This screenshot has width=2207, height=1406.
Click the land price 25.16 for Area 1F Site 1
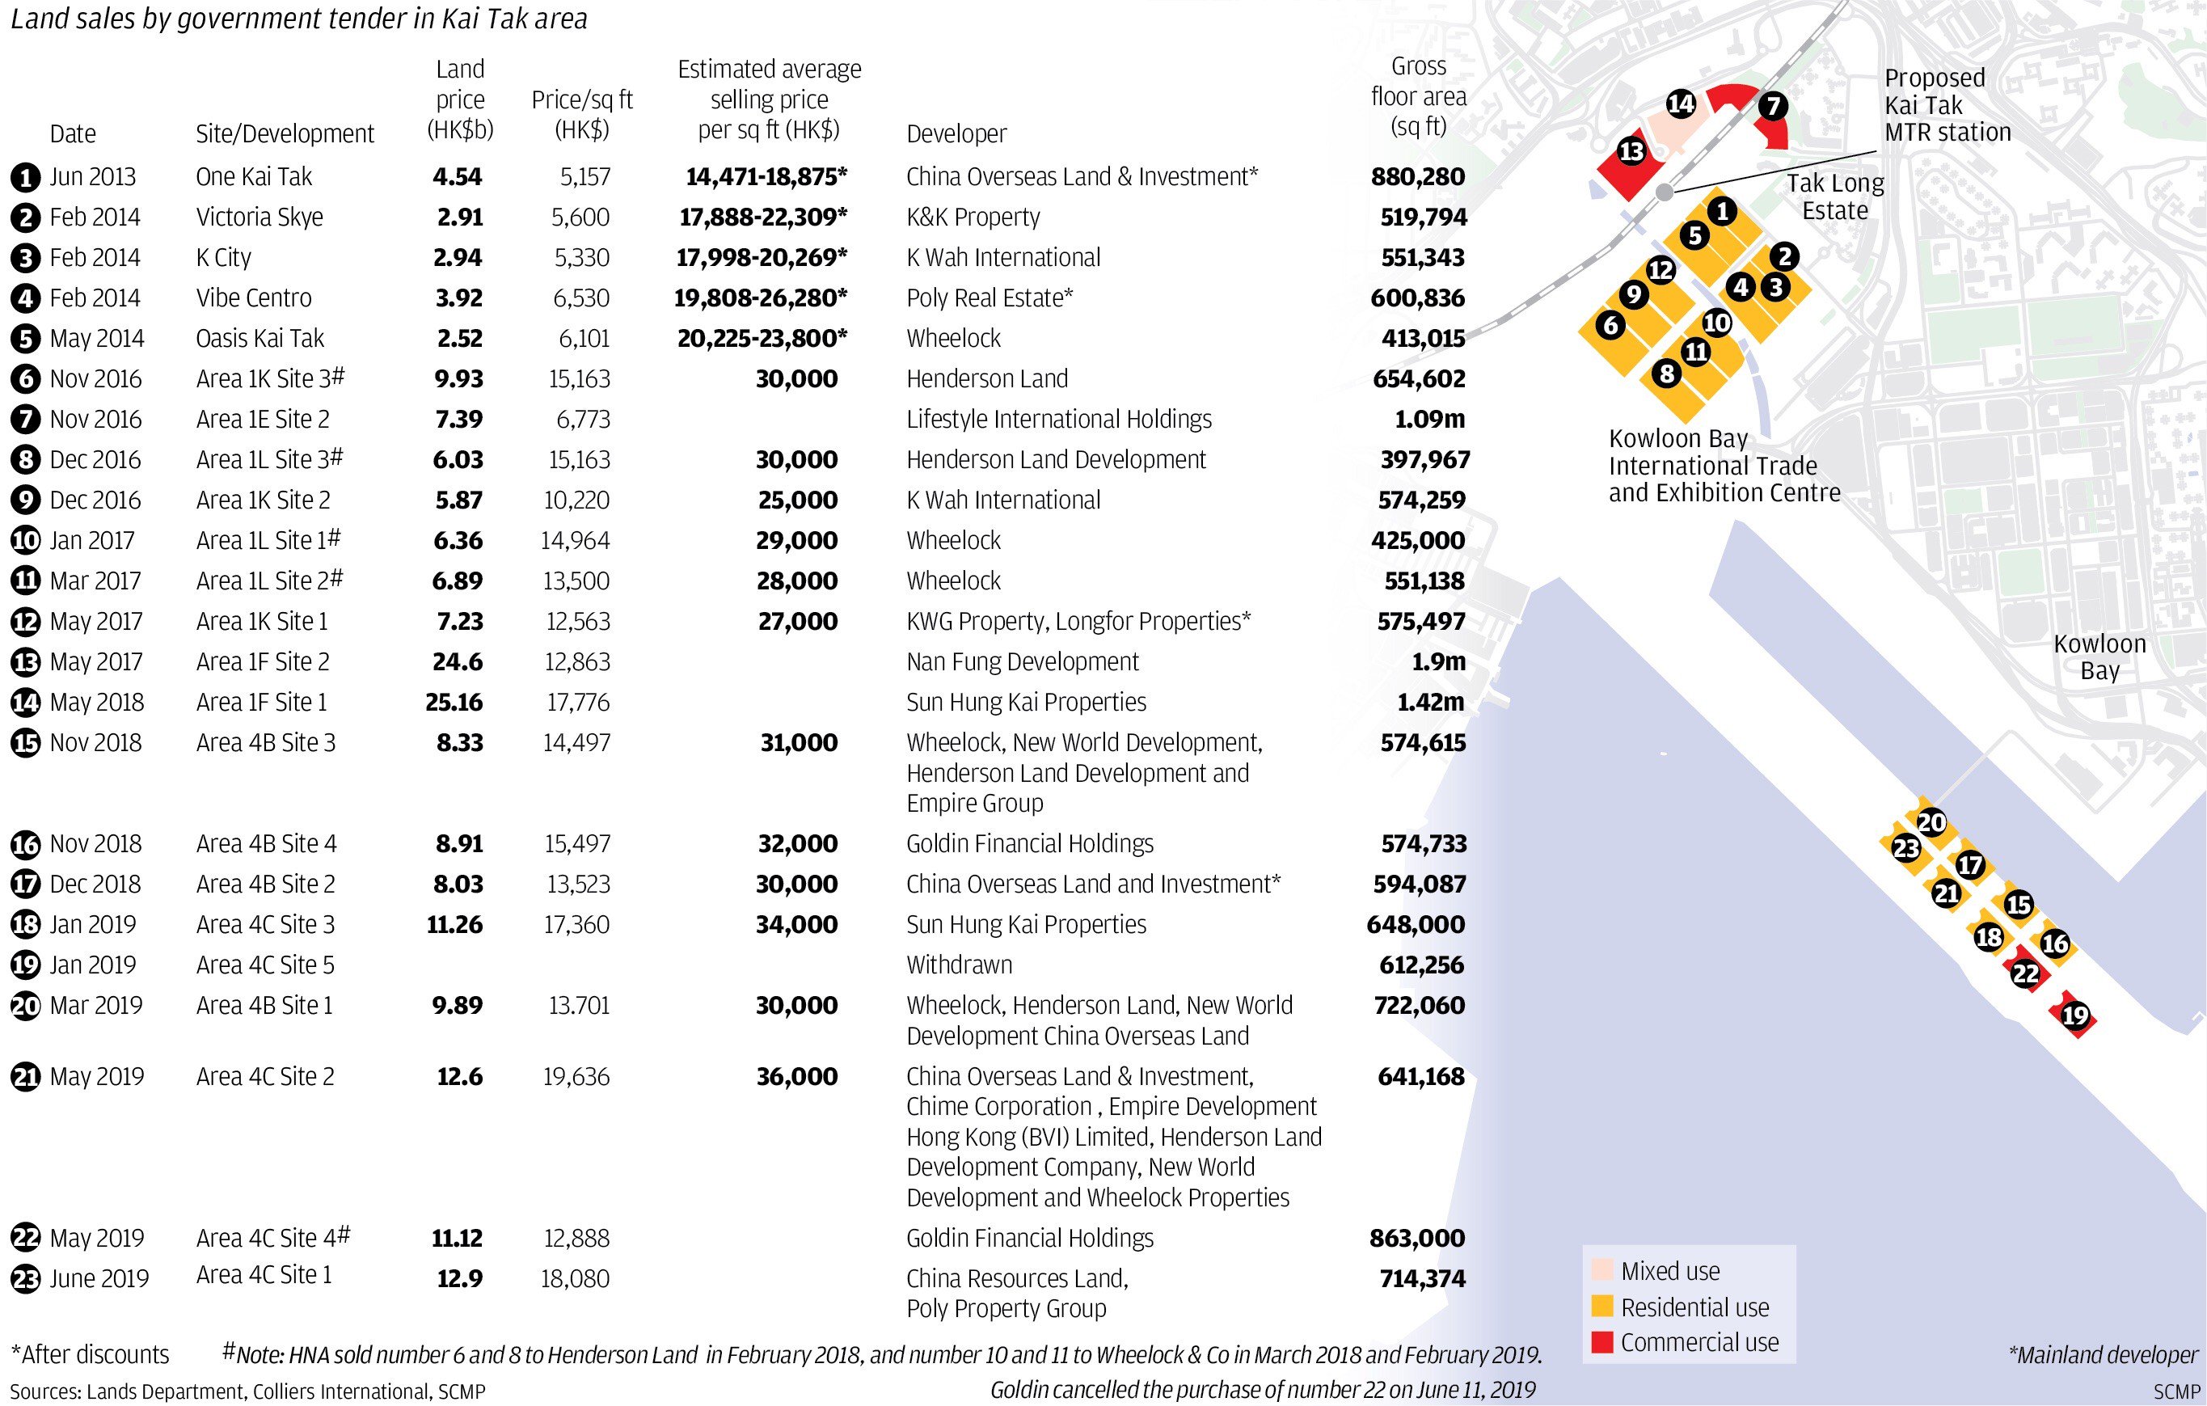454,702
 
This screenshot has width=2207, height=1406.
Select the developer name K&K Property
973,217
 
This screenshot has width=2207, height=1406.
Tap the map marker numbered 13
1631,151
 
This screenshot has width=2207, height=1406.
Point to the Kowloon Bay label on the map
2099,657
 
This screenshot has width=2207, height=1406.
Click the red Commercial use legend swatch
1602,1343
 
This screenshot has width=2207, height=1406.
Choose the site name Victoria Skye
260,217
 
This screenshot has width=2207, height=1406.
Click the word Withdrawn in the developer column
959,965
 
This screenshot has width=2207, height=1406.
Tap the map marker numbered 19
2075,1015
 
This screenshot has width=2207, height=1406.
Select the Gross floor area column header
1418,96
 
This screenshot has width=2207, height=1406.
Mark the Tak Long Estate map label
1834,197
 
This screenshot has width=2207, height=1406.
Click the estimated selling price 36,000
796,1077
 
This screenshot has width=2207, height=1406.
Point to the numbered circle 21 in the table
26,1078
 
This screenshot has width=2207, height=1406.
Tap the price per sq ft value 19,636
576,1077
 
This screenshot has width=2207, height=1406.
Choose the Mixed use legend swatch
1602,1270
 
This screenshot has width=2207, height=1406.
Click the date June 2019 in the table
98,1278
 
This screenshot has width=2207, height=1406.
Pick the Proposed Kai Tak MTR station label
1947,105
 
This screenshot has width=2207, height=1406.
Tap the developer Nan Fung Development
1022,661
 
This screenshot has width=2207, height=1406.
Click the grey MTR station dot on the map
1665,192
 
